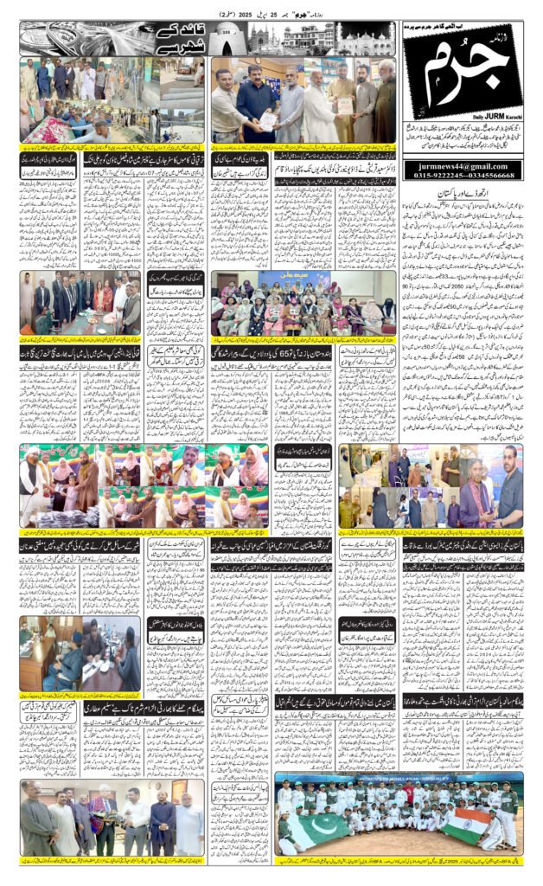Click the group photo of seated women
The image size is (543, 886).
coord(303,307)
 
